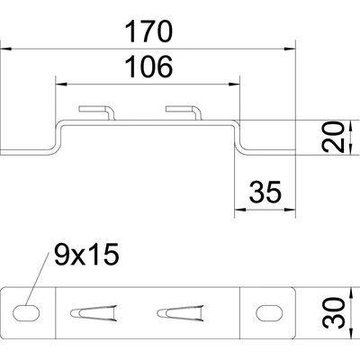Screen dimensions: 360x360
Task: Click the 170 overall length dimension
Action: pyautogui.click(x=148, y=31)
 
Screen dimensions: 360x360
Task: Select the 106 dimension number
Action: pyautogui.click(x=148, y=67)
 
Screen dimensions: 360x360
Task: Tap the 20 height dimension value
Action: pyautogui.click(x=332, y=137)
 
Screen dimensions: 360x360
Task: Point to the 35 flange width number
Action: pyautogui.click(x=265, y=192)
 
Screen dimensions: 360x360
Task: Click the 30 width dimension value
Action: pyautogui.click(x=332, y=313)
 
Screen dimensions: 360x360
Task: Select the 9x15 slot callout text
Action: pyautogui.click(x=86, y=254)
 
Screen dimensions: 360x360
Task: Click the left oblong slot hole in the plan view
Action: pyautogui.click(x=26, y=313)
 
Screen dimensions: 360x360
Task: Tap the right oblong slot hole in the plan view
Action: pyautogui.click(x=269, y=313)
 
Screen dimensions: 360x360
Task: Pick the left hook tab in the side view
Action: pyautogui.click(x=97, y=112)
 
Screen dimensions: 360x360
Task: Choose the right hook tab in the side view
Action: pyautogui.click(x=184, y=112)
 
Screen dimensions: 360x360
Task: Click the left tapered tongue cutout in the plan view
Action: pyautogui.click(x=94, y=313)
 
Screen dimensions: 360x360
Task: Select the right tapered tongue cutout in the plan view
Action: pyautogui.click(x=180, y=313)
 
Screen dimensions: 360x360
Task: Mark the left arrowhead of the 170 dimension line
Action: pyautogui.click(x=5, y=49)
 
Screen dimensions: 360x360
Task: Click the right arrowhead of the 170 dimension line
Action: pyautogui.click(x=290, y=49)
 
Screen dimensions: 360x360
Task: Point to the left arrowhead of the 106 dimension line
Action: pyautogui.click(x=61, y=85)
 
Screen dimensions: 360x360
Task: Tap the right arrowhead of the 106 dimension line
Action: pyautogui.click(x=234, y=85)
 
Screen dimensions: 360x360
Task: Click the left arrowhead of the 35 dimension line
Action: pyautogui.click(x=240, y=209)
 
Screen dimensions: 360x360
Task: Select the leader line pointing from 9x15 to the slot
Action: pyautogui.click(x=37, y=279)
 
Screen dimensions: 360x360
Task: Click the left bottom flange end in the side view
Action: pyautogui.click(x=1, y=152)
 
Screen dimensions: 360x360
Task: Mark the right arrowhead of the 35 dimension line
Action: pyautogui.click(x=290, y=209)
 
